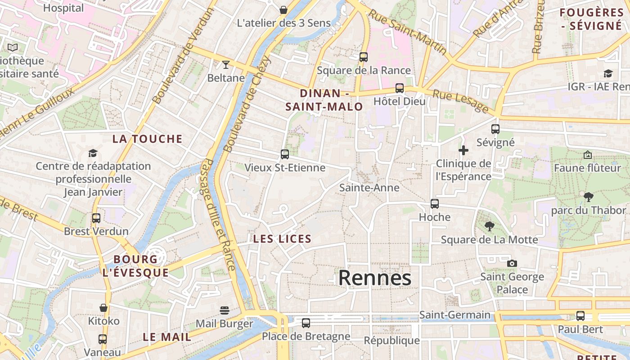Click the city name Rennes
(x=374, y=278)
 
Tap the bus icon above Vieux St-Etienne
(x=284, y=154)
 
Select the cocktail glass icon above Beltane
(x=226, y=65)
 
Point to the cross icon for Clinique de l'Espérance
(x=463, y=150)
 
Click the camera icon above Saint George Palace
(x=512, y=263)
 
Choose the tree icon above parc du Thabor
(x=588, y=197)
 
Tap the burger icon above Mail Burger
(x=225, y=310)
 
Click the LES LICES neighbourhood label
(x=282, y=239)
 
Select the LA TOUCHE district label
(x=148, y=139)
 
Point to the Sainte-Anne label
(x=369, y=188)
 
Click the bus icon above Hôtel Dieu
(x=399, y=88)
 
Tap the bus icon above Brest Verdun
(x=96, y=218)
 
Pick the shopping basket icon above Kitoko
(x=103, y=308)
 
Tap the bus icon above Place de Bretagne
(x=306, y=323)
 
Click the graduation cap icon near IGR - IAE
(x=608, y=73)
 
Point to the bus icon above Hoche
(x=434, y=204)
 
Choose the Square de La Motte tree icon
(x=489, y=226)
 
